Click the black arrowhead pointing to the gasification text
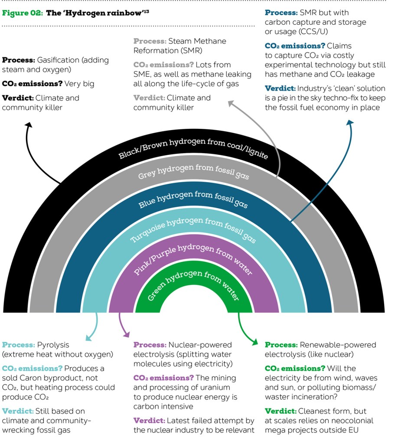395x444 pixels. [29, 125]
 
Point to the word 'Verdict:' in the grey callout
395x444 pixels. [149, 98]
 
